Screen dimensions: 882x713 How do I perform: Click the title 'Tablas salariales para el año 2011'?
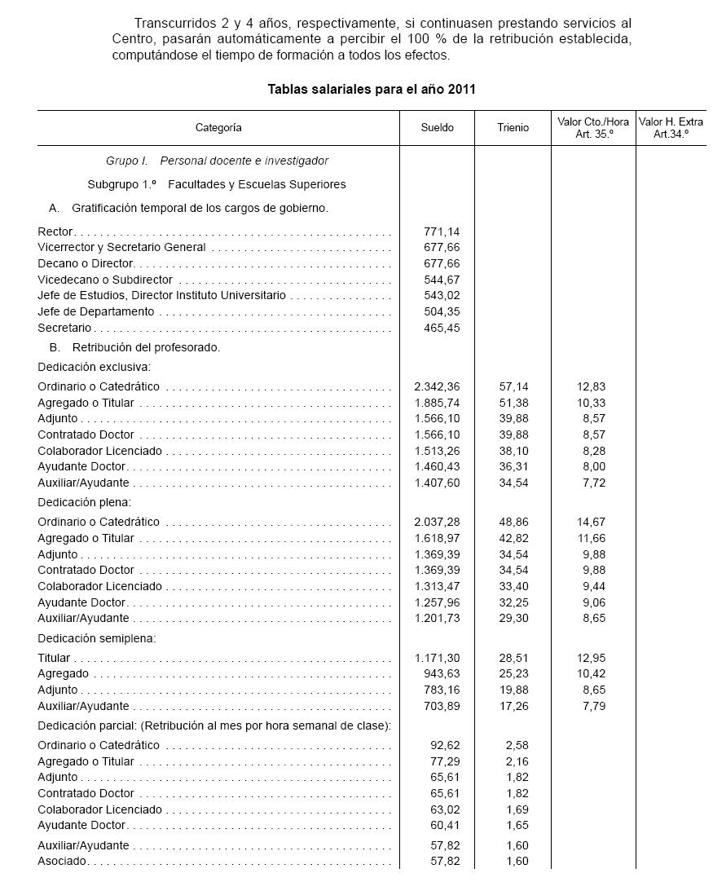pos(372,90)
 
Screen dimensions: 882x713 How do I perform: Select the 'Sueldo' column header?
pos(438,128)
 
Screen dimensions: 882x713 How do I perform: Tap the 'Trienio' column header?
pos(513,128)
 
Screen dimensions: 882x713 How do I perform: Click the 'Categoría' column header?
pos(218,128)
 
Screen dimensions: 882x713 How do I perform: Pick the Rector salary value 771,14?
pos(442,232)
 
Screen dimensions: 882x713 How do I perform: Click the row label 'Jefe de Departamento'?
pos(96,311)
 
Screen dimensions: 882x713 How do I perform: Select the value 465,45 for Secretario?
pos(442,328)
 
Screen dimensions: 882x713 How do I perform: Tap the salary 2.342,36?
pos(438,386)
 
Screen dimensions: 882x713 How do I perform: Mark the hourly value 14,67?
pos(592,522)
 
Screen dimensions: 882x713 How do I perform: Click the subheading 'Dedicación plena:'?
pos(84,503)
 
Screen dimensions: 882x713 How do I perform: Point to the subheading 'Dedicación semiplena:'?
pos(97,639)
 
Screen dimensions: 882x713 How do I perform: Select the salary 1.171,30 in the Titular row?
pos(438,658)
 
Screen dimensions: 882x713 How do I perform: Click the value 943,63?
pos(442,674)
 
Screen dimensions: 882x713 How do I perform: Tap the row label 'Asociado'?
pos(63,862)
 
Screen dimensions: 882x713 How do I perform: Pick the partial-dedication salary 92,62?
pos(446,745)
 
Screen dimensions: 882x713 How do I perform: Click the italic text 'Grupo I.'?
pos(127,161)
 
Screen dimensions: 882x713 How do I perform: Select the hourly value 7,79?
pos(595,706)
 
